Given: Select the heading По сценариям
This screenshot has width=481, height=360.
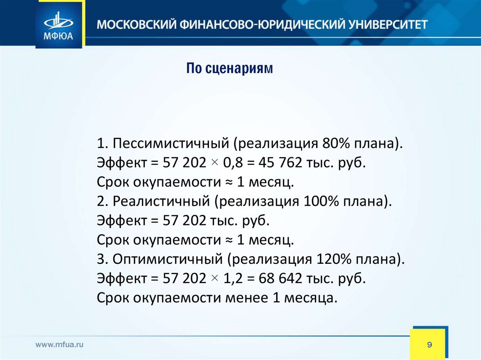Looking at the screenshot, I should click(230, 69).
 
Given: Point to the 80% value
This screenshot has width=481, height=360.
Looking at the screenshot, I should click(335, 143).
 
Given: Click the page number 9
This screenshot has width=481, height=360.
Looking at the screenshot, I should click(429, 345).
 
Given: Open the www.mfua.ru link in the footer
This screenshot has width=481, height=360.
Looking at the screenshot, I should click(60, 345).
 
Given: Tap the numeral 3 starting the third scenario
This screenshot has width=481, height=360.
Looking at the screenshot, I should click(101, 259).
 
